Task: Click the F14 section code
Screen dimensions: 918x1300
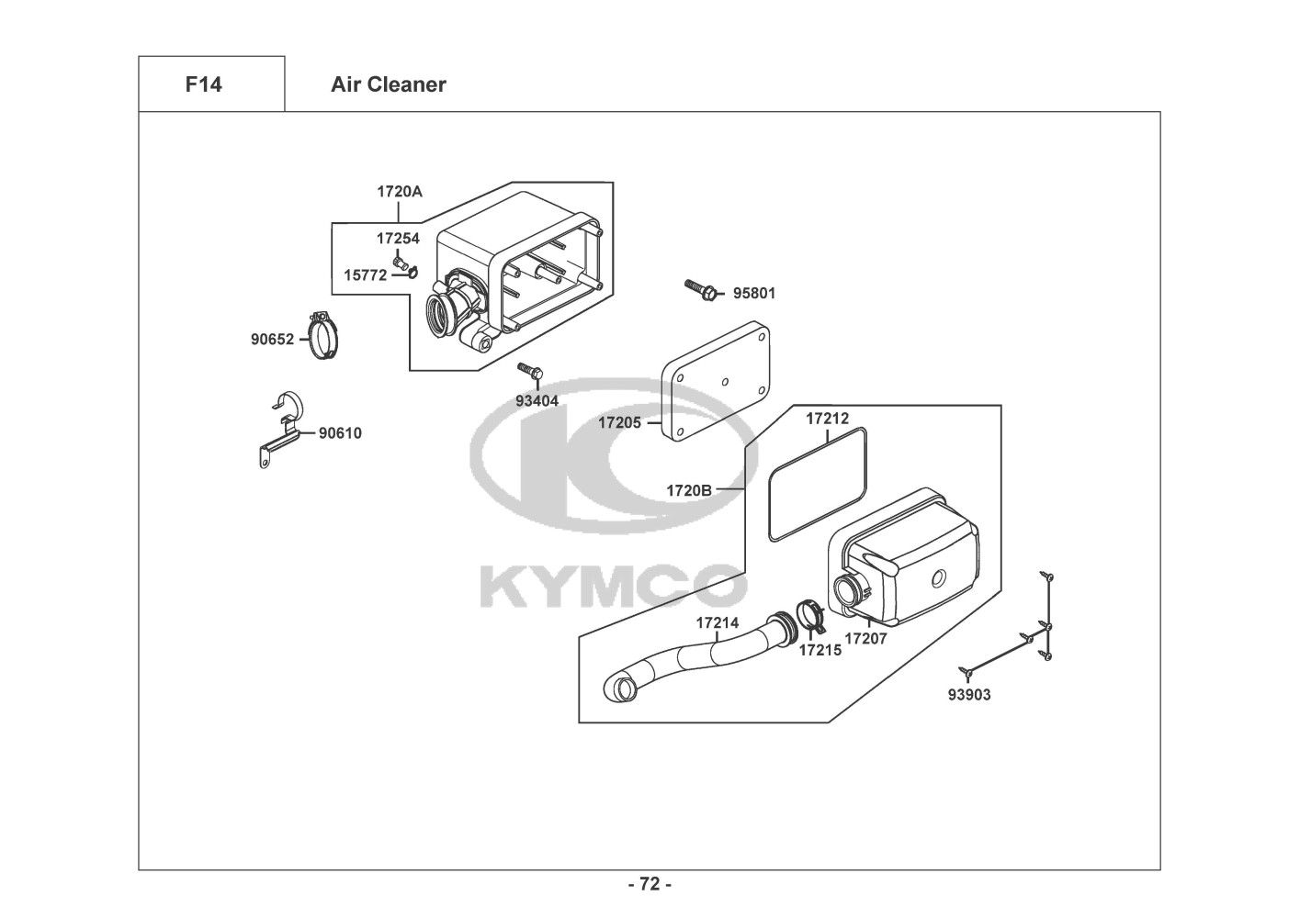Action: [203, 84]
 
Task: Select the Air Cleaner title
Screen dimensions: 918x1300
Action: [389, 84]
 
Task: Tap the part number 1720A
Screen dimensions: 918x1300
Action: [400, 193]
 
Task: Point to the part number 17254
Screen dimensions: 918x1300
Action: [398, 239]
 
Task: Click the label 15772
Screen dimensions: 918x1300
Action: [365, 274]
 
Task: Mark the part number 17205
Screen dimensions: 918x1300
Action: [620, 423]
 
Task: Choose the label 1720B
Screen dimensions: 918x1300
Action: [689, 490]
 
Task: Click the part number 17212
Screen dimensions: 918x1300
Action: [828, 419]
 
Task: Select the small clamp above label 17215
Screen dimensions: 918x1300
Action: [810, 613]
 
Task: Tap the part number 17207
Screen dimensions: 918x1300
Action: [865, 638]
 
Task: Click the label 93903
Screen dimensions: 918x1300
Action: [969, 695]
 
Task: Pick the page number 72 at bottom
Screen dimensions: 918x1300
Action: [650, 884]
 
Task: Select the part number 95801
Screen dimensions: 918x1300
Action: [753, 294]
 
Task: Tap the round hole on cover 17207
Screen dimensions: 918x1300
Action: [938, 578]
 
